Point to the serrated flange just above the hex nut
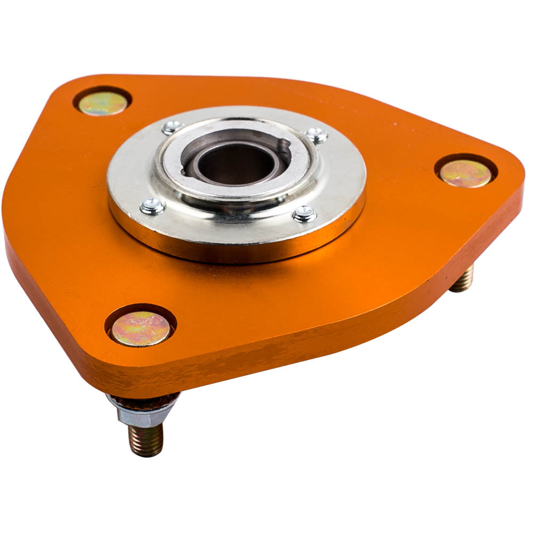(143, 399)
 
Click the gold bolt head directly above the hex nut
(141, 327)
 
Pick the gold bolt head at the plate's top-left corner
(103, 103)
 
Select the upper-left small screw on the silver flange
(172, 127)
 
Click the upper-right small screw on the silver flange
(317, 135)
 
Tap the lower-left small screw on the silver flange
(152, 206)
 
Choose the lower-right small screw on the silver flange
(304, 214)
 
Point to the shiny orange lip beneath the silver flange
(235, 251)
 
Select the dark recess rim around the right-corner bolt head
(466, 158)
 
